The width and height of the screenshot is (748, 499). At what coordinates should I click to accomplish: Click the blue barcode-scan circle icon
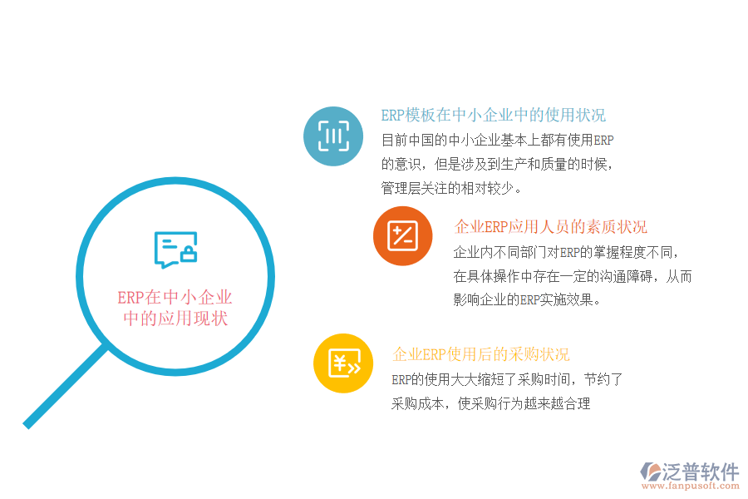333,136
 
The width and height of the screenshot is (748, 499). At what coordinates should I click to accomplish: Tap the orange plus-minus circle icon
402,236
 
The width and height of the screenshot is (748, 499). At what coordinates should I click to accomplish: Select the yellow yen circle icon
343,363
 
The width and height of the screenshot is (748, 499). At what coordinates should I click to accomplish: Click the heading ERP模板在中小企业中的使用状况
493,116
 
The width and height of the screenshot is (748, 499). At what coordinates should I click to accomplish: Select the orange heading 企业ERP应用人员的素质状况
550,227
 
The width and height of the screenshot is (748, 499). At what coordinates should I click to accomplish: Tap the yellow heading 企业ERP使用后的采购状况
481,354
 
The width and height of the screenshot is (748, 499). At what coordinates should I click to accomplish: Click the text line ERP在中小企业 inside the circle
175,298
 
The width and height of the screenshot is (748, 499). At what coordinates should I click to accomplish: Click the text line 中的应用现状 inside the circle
175,319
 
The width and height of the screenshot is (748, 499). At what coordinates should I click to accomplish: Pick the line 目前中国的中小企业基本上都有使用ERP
497,140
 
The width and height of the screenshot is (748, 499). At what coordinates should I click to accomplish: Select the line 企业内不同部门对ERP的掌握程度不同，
567,252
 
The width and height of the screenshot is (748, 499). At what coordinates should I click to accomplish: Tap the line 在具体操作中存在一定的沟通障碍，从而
573,276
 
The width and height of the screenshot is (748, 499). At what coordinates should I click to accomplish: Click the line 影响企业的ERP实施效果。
526,300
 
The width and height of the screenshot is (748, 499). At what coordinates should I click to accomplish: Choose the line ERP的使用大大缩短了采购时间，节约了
507,380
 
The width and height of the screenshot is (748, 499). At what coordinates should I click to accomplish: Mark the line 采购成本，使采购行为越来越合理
490,404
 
